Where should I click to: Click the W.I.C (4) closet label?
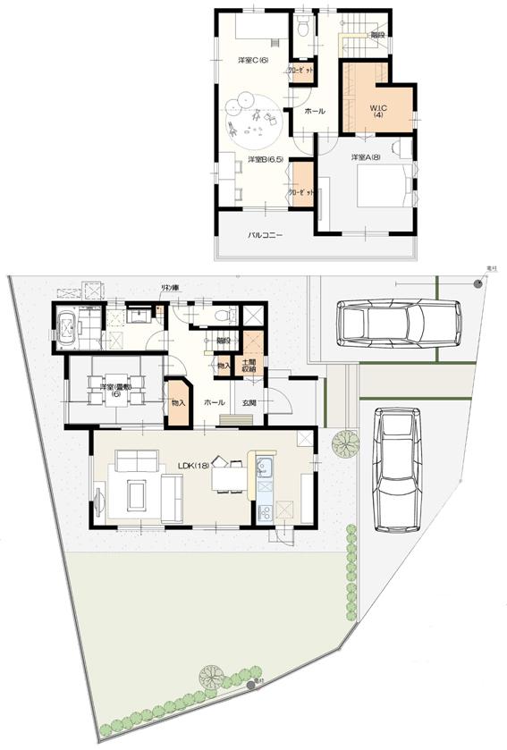click(376, 112)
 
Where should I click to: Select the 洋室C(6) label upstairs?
click(248, 60)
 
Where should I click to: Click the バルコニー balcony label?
click(266, 237)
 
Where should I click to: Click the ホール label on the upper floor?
click(314, 111)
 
